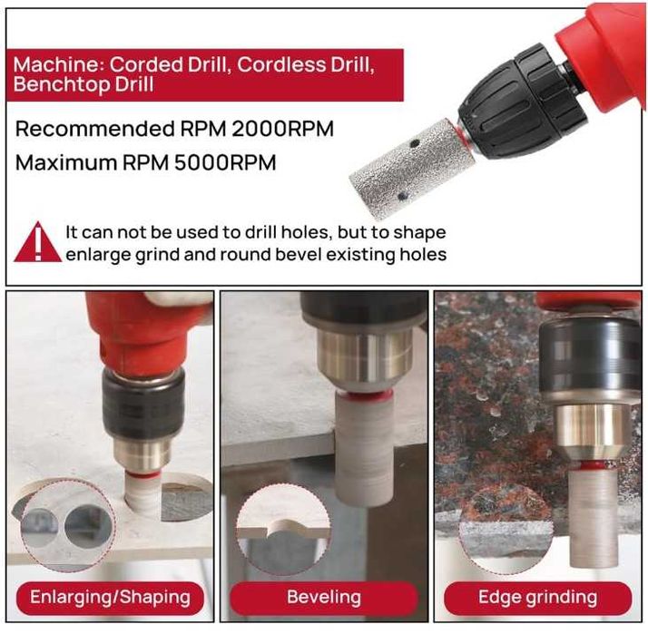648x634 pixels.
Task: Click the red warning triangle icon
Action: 37,244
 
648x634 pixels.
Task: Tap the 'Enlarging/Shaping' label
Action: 110,598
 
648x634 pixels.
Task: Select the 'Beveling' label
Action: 324,598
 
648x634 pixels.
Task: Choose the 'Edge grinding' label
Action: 537,598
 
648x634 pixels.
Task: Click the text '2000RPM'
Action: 282,129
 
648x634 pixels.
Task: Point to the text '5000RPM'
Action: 225,162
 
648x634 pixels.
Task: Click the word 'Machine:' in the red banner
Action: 59,64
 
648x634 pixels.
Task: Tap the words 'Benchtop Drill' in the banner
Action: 83,84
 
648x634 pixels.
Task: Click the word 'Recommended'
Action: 95,129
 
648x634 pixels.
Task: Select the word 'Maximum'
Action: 67,162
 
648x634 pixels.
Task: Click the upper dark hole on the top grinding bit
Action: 414,143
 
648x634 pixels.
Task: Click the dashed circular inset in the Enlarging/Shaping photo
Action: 68,525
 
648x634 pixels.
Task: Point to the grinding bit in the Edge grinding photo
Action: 594,518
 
